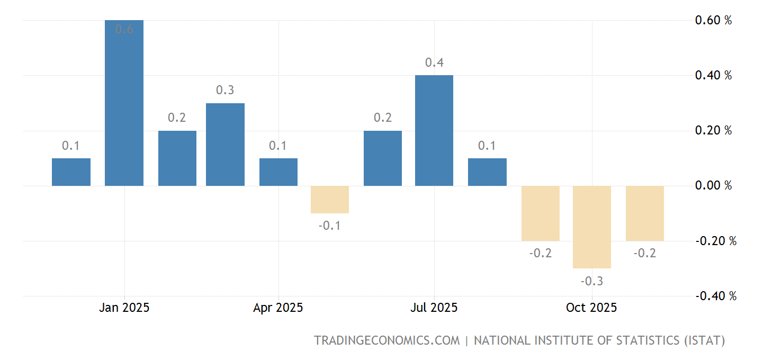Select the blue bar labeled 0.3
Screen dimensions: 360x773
[x=225, y=145]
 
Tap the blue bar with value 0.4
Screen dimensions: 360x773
[x=434, y=131]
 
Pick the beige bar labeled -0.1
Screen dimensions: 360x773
[x=329, y=200]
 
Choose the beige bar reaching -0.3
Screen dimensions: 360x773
[x=592, y=227]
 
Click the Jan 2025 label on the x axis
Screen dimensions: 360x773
[x=124, y=308]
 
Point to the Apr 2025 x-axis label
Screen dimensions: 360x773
[x=278, y=308]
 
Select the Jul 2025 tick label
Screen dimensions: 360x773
[x=434, y=308]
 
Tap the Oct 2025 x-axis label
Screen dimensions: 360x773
[x=591, y=308]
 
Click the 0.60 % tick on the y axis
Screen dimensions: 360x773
[x=713, y=21]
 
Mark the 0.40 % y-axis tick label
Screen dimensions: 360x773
[x=713, y=76]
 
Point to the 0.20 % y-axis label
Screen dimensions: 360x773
[x=713, y=131]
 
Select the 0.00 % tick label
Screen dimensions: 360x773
[x=713, y=186]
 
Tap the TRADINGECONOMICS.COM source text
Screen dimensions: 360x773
[x=387, y=340]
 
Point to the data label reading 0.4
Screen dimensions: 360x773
[x=434, y=62]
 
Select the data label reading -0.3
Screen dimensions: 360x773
[x=592, y=281]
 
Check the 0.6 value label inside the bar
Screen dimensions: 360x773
[x=124, y=30]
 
